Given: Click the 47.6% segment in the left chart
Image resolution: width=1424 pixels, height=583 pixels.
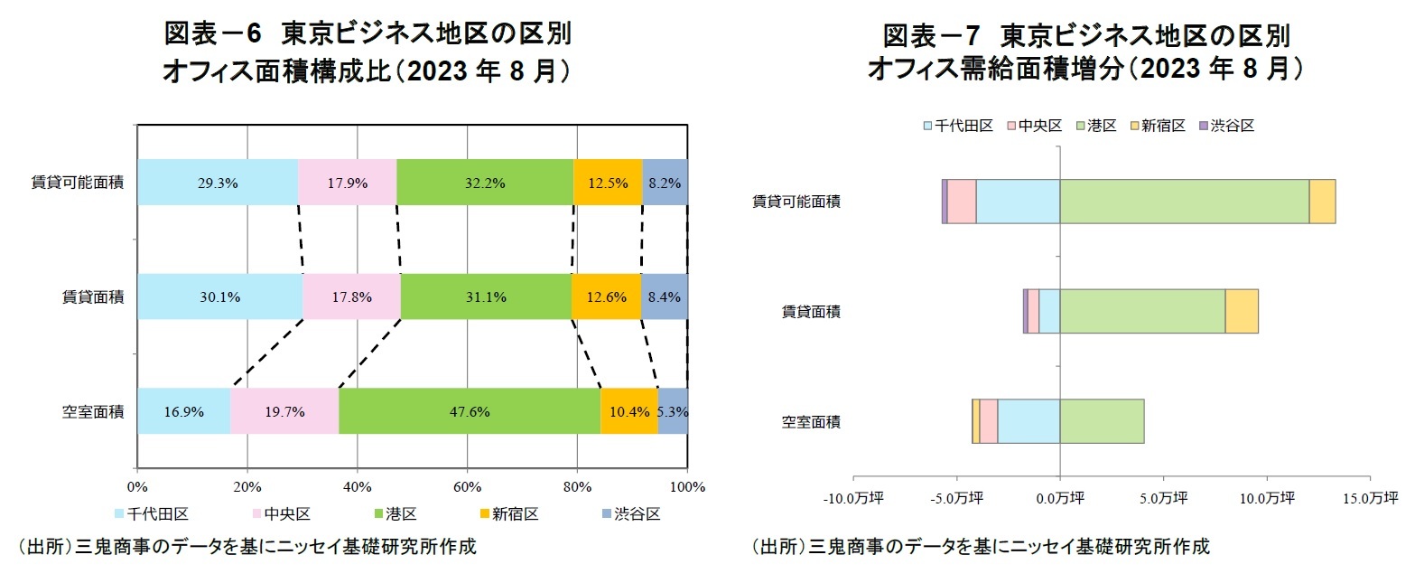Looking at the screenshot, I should (x=470, y=411).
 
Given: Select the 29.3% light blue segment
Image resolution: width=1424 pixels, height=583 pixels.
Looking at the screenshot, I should (x=218, y=183).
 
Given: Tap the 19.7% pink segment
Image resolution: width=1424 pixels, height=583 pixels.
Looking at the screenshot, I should (x=284, y=411).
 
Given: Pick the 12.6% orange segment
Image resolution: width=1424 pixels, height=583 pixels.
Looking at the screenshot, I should (x=606, y=296).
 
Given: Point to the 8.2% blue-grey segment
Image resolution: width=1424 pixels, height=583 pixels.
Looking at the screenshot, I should (x=665, y=183).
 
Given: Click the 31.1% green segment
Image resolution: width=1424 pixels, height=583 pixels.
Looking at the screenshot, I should (x=486, y=296).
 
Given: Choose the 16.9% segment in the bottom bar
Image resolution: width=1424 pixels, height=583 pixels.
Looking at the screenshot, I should (x=183, y=411).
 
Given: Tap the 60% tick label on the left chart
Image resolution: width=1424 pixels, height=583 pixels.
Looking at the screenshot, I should (x=467, y=487).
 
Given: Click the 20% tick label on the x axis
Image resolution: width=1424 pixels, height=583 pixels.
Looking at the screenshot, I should (x=247, y=487).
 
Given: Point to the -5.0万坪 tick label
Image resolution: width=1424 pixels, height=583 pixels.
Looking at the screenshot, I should (x=956, y=498).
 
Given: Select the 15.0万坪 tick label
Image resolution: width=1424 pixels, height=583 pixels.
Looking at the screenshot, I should (x=1370, y=498).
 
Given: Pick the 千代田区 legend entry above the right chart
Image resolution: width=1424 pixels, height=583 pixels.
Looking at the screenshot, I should (x=958, y=126).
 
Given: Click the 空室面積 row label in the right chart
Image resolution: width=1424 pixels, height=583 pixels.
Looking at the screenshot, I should (x=811, y=422).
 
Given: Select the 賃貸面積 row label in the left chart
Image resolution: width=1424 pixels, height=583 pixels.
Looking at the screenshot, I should (x=93, y=297).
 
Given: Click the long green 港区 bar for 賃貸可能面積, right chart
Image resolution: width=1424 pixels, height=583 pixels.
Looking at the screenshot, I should (x=1184, y=202).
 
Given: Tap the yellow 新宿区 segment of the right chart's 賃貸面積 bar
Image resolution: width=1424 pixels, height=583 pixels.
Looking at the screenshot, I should (x=1242, y=312).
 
